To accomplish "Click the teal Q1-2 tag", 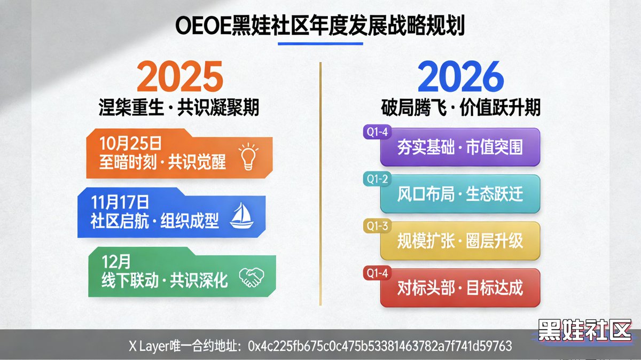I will tap(376, 179).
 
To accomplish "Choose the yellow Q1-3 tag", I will tap(376, 226).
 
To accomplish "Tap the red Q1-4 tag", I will tap(376, 273).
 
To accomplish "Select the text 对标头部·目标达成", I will tap(460, 288).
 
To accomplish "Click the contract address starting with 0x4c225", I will tap(380, 346).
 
